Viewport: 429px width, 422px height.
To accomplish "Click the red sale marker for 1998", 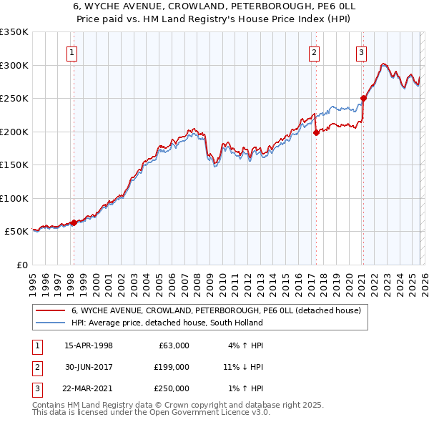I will click(74, 222).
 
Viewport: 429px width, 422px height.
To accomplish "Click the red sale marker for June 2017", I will click(315, 132).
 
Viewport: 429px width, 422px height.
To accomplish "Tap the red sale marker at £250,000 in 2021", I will click(363, 98).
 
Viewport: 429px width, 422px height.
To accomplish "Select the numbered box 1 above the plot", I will click(73, 51).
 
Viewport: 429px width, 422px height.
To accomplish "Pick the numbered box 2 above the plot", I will click(315, 51).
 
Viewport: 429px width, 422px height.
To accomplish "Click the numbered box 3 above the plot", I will click(362, 51).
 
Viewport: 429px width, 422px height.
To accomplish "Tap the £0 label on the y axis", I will click(21, 265).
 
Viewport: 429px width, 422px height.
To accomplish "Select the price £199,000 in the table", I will click(172, 367).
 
